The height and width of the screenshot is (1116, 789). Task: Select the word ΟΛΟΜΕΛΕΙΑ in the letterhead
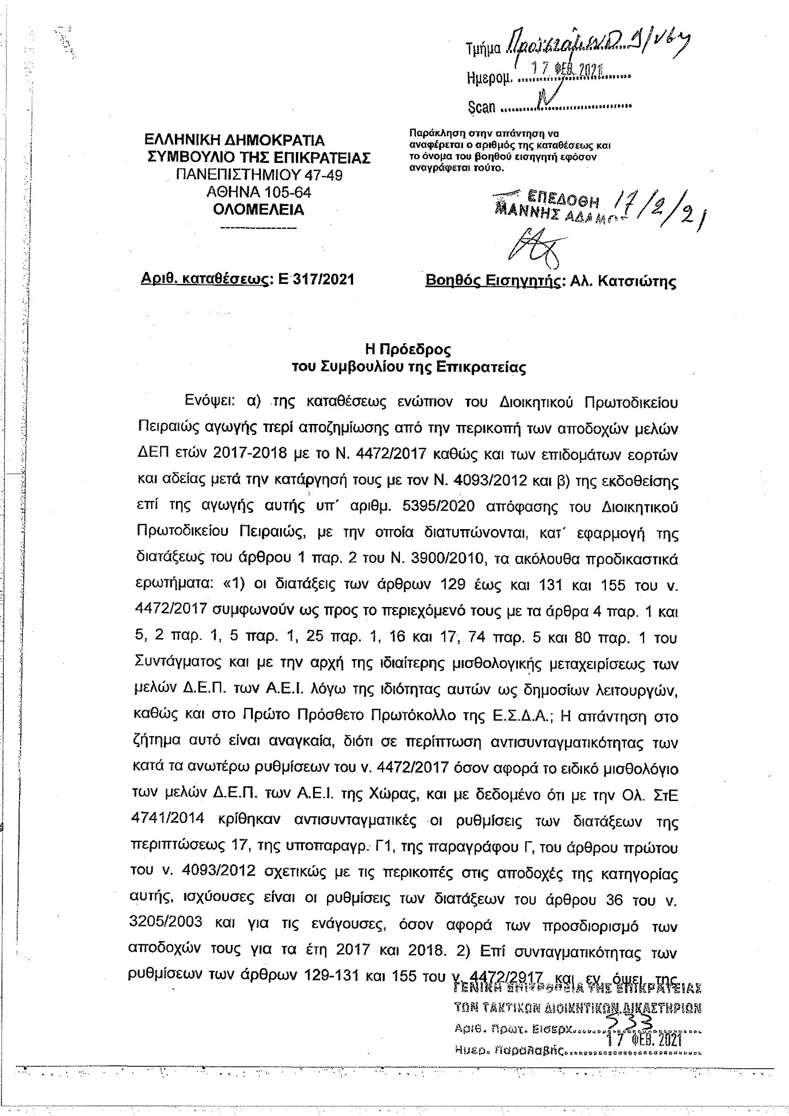258,210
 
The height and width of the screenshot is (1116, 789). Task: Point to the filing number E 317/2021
315,280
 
